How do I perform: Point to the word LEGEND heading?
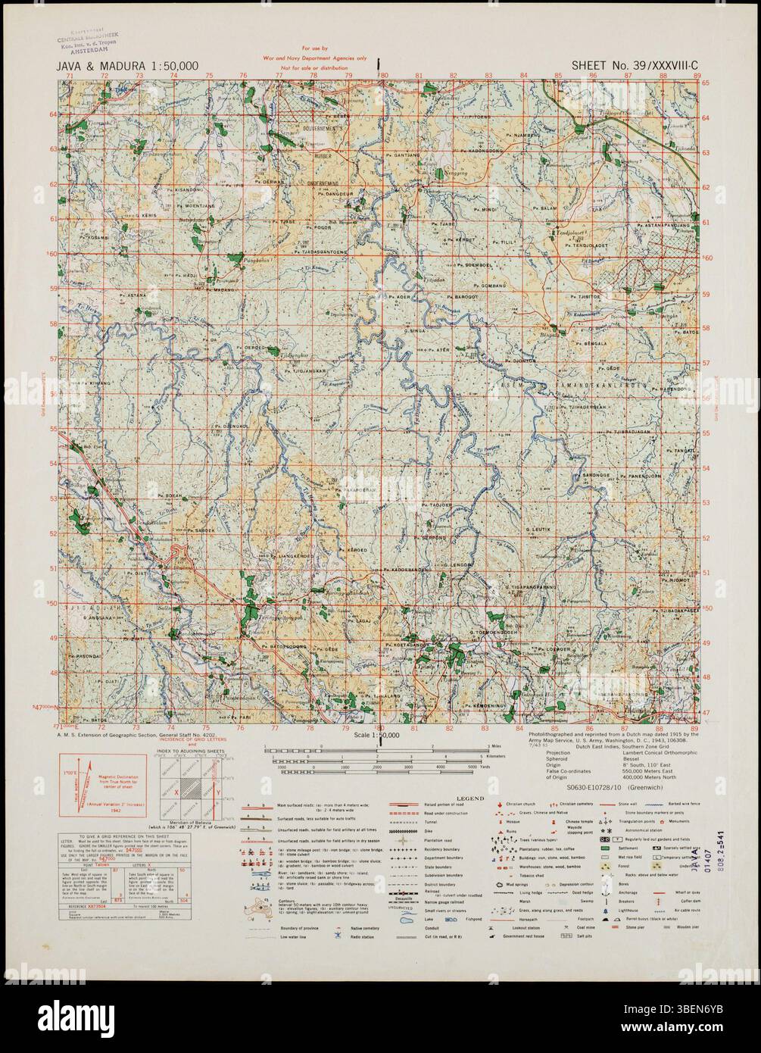point(447,798)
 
